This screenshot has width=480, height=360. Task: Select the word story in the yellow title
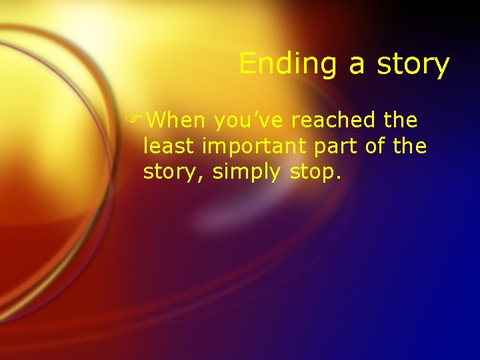(x=412, y=65)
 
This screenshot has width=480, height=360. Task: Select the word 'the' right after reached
(x=401, y=121)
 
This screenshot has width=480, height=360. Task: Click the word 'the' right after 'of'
(x=410, y=146)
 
